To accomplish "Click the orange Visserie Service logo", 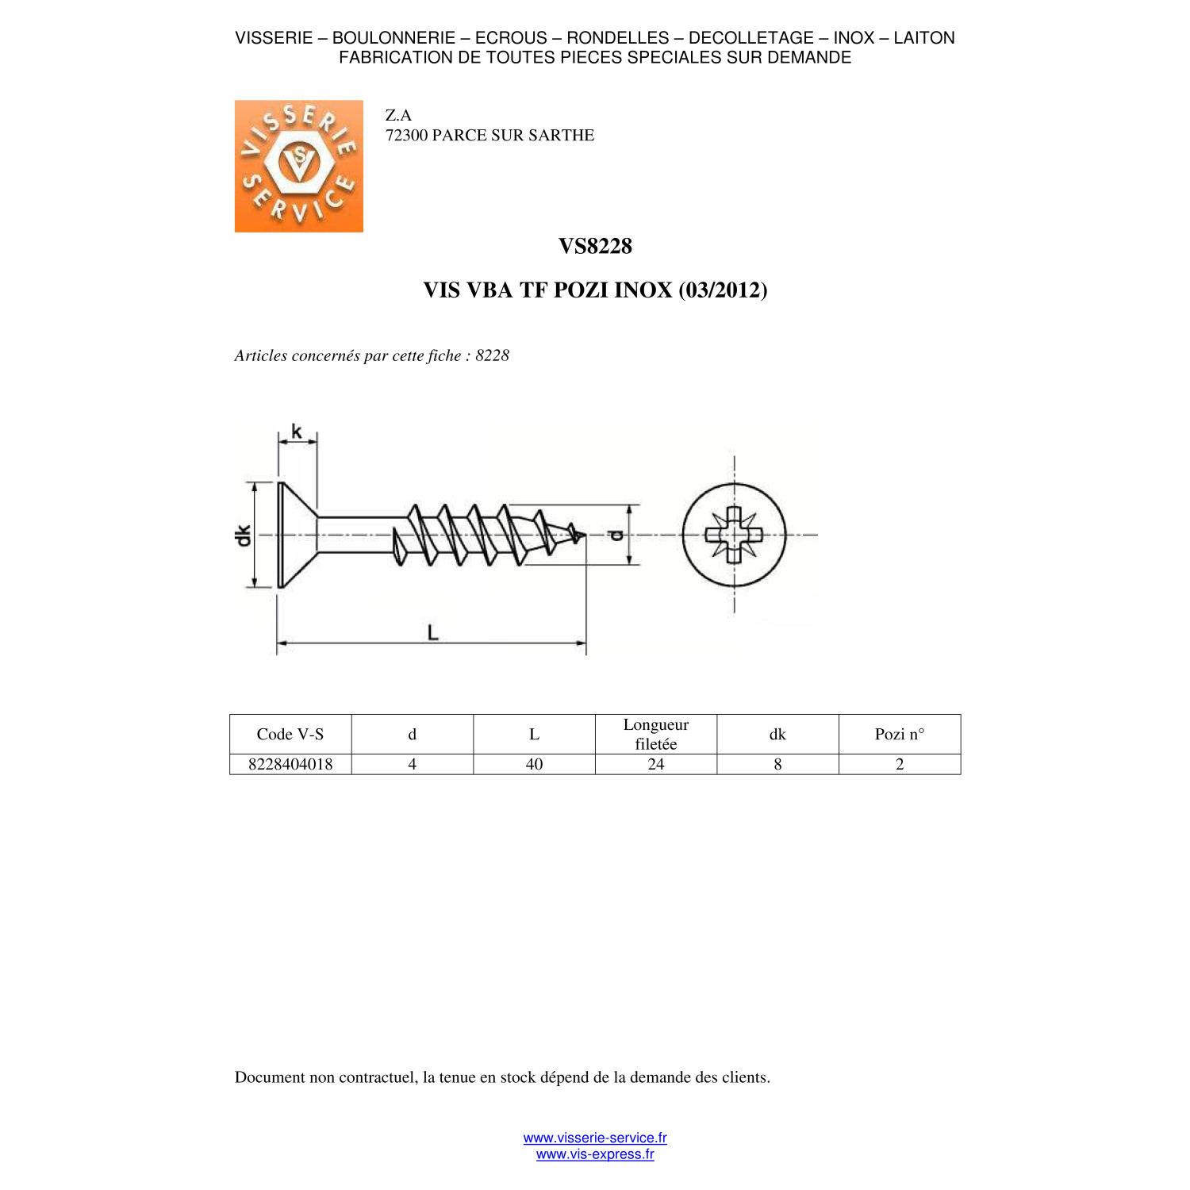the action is coord(299,166).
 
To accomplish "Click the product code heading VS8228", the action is coord(595,246).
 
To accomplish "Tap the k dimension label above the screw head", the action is coord(297,431).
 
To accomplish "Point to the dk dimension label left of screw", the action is coord(243,535).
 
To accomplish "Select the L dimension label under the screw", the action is coord(432,632).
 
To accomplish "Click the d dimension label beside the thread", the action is coord(616,535).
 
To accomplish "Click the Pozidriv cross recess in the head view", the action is coord(734,535).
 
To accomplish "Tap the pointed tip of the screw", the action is coord(585,535).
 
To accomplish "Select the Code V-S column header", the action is coord(290,734).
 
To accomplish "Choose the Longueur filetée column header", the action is coord(656,734).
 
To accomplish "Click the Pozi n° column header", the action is coord(900,734).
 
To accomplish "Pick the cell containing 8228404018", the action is coord(290,764).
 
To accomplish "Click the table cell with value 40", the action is coord(535,764).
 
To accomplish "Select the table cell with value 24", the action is coord(656,764).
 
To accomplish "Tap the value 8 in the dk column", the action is coord(777,764).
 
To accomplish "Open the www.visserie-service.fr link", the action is coord(595,1138).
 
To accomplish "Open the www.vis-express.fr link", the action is coord(595,1154).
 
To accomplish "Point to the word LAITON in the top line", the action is coord(924,38).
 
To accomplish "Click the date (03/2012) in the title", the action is coord(723,290).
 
